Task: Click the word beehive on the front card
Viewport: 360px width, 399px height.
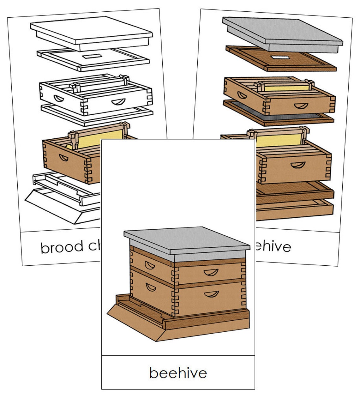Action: click(178, 373)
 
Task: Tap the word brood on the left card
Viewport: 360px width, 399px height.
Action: click(62, 247)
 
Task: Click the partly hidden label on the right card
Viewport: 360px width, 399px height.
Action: click(273, 246)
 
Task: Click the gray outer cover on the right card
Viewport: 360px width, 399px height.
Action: click(281, 32)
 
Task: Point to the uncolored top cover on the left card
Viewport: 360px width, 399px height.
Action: click(92, 32)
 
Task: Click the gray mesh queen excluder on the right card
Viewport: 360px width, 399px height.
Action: click(278, 115)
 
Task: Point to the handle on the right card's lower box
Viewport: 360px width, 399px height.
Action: click(298, 165)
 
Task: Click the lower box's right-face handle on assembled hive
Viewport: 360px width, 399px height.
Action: click(211, 294)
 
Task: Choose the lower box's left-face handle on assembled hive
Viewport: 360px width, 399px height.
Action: click(151, 287)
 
